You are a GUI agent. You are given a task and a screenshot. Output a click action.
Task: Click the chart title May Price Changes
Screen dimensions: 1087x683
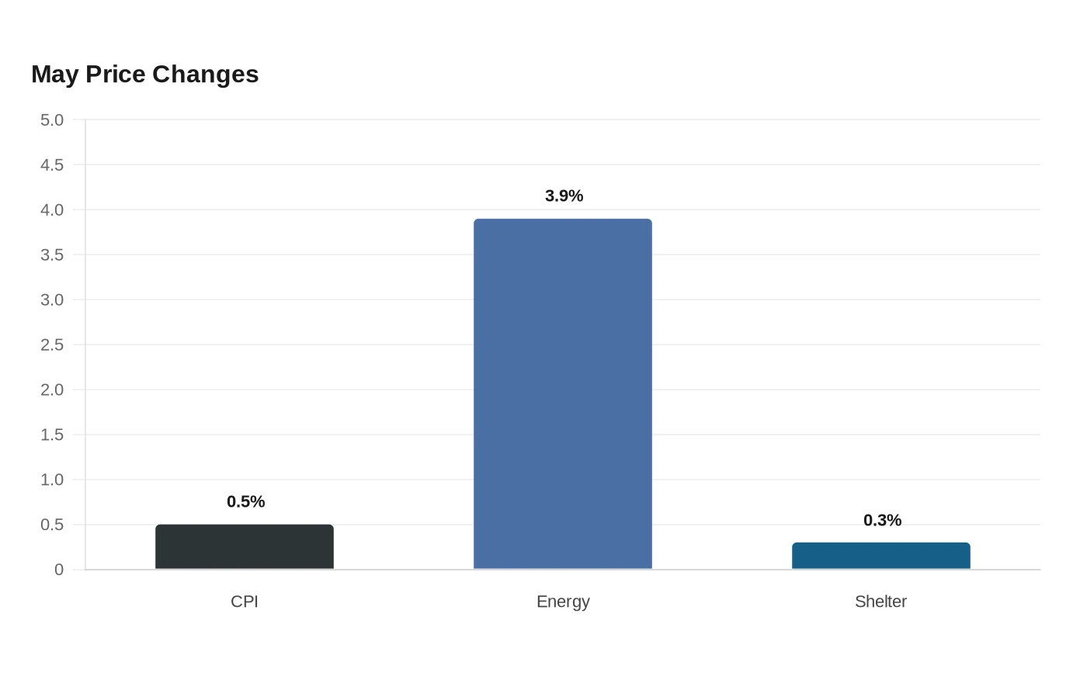click(145, 75)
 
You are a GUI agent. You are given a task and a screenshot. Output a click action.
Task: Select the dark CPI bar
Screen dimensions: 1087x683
click(245, 546)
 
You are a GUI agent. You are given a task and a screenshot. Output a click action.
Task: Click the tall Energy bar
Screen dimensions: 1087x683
click(563, 394)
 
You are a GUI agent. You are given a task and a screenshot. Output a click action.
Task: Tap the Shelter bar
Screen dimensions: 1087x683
click(881, 556)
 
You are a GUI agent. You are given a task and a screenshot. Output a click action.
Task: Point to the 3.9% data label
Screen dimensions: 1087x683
click(564, 196)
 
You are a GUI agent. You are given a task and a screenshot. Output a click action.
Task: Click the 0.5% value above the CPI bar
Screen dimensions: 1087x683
click(245, 501)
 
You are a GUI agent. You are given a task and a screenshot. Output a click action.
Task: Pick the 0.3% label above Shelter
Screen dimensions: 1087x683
click(882, 521)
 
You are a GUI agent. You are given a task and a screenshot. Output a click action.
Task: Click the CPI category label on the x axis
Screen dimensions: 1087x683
click(245, 602)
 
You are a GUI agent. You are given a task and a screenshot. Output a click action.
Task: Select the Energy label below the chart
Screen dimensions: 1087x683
click(563, 602)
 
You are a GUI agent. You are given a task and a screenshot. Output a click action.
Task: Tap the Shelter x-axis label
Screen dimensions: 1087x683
click(880, 602)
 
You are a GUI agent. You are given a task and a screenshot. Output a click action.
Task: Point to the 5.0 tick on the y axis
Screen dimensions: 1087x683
click(52, 120)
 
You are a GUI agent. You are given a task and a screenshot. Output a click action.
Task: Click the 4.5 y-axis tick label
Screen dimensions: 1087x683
click(52, 165)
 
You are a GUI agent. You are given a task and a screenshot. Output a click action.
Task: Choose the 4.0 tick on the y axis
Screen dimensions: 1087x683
click(52, 210)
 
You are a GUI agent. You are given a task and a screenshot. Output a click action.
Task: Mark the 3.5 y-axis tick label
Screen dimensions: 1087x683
click(52, 255)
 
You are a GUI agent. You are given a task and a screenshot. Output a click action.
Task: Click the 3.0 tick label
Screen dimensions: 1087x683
click(52, 300)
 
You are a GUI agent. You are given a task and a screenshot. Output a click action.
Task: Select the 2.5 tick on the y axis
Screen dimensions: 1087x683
click(52, 345)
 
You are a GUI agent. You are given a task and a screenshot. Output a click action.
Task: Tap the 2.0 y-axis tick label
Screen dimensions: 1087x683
click(52, 390)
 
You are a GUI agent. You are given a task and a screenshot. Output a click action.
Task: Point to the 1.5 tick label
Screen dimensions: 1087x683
click(52, 435)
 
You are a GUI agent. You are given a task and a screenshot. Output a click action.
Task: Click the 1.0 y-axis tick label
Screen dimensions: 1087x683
click(52, 480)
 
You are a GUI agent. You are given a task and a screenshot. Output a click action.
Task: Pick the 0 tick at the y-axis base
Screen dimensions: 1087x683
click(59, 570)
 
